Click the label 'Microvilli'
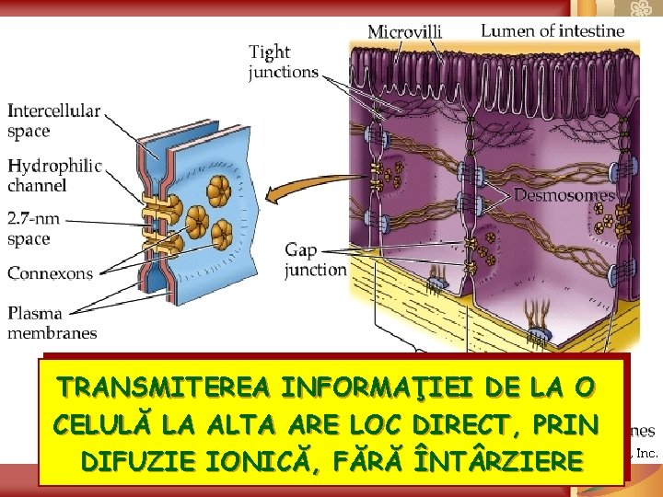404,31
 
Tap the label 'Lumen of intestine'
552,30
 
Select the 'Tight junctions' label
284,62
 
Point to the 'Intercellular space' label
54,121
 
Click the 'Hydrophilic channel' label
54,175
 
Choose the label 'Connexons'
50,273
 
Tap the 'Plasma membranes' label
52,323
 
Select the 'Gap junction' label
315,260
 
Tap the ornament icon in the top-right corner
636,10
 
